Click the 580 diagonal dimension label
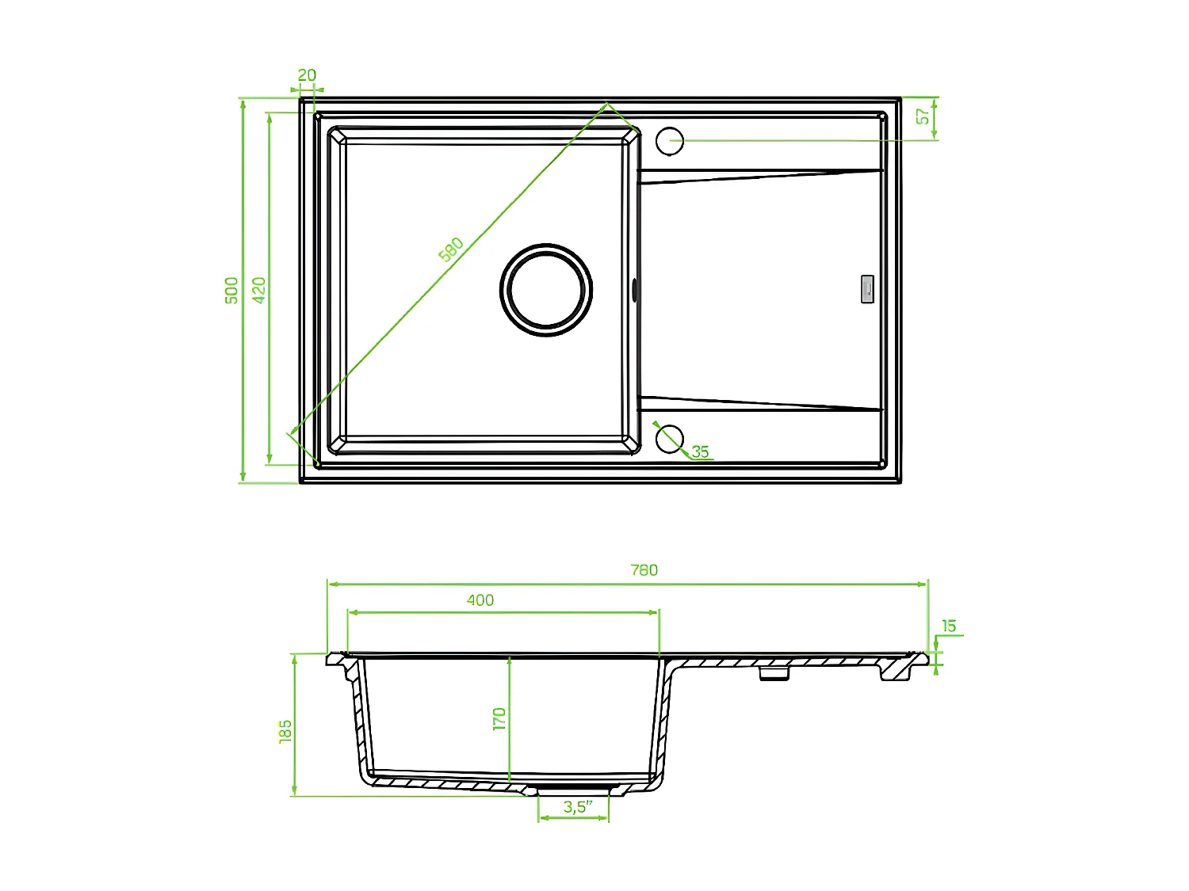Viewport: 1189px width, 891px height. pyautogui.click(x=451, y=249)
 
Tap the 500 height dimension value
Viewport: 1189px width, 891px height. pyautogui.click(x=231, y=290)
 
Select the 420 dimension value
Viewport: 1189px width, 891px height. pyautogui.click(x=259, y=290)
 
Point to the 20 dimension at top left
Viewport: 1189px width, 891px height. pyautogui.click(x=307, y=75)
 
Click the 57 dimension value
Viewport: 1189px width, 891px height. pyautogui.click(x=923, y=116)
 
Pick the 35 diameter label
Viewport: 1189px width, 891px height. pyautogui.click(x=700, y=452)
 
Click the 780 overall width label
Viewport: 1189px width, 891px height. pyautogui.click(x=644, y=570)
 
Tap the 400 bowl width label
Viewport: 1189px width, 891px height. pyautogui.click(x=480, y=600)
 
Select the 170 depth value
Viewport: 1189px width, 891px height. pyautogui.click(x=499, y=719)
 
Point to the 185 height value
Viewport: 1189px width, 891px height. pyautogui.click(x=285, y=730)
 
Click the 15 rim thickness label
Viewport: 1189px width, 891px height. pyautogui.click(x=949, y=626)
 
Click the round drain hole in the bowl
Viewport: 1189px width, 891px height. pyautogui.click(x=546, y=290)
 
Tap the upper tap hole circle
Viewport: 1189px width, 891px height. pyautogui.click(x=670, y=141)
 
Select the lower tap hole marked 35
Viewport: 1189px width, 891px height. pyautogui.click(x=670, y=438)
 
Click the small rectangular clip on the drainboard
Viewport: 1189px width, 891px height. pyautogui.click(x=867, y=288)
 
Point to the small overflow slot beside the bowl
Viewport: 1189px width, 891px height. pyautogui.click(x=634, y=289)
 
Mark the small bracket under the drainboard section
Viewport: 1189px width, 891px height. pyautogui.click(x=774, y=673)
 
